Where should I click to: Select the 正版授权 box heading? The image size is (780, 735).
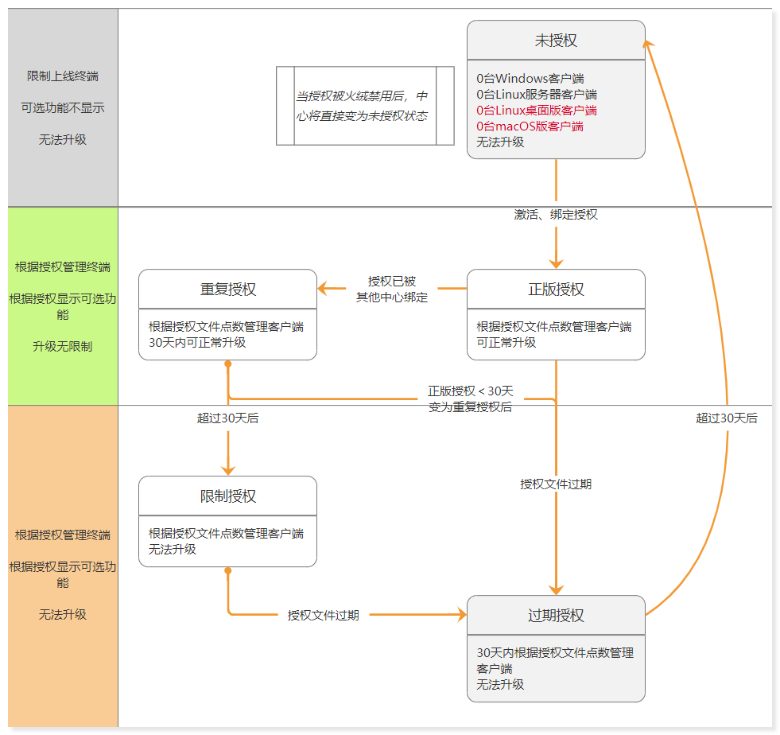pyautogui.click(x=556, y=290)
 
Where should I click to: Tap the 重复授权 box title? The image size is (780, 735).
pyautogui.click(x=227, y=290)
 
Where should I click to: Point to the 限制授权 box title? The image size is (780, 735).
pyautogui.click(x=227, y=496)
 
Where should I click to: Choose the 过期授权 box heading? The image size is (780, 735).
pyautogui.click(x=556, y=616)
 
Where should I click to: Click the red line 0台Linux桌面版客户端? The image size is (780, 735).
pyautogui.click(x=537, y=111)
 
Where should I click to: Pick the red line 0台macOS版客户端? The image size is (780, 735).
pyautogui.click(x=530, y=126)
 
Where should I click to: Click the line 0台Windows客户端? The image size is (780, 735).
pyautogui.click(x=530, y=79)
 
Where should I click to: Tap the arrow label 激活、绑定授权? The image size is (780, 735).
pyautogui.click(x=556, y=215)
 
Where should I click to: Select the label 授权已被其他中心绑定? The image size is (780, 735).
pyautogui.click(x=391, y=290)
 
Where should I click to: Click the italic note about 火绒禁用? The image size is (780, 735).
pyautogui.click(x=362, y=106)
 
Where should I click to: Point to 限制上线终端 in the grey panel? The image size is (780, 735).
pyautogui.click(x=63, y=76)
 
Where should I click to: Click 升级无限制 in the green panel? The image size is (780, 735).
pyautogui.click(x=63, y=346)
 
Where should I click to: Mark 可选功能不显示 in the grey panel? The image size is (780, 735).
pyautogui.click(x=63, y=107)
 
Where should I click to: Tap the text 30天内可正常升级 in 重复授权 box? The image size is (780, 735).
pyautogui.click(x=197, y=342)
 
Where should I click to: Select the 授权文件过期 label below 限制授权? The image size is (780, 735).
pyautogui.click(x=323, y=616)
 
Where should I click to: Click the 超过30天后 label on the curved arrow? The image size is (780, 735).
pyautogui.click(x=726, y=418)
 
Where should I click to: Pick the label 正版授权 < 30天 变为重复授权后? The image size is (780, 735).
pyautogui.click(x=471, y=399)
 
